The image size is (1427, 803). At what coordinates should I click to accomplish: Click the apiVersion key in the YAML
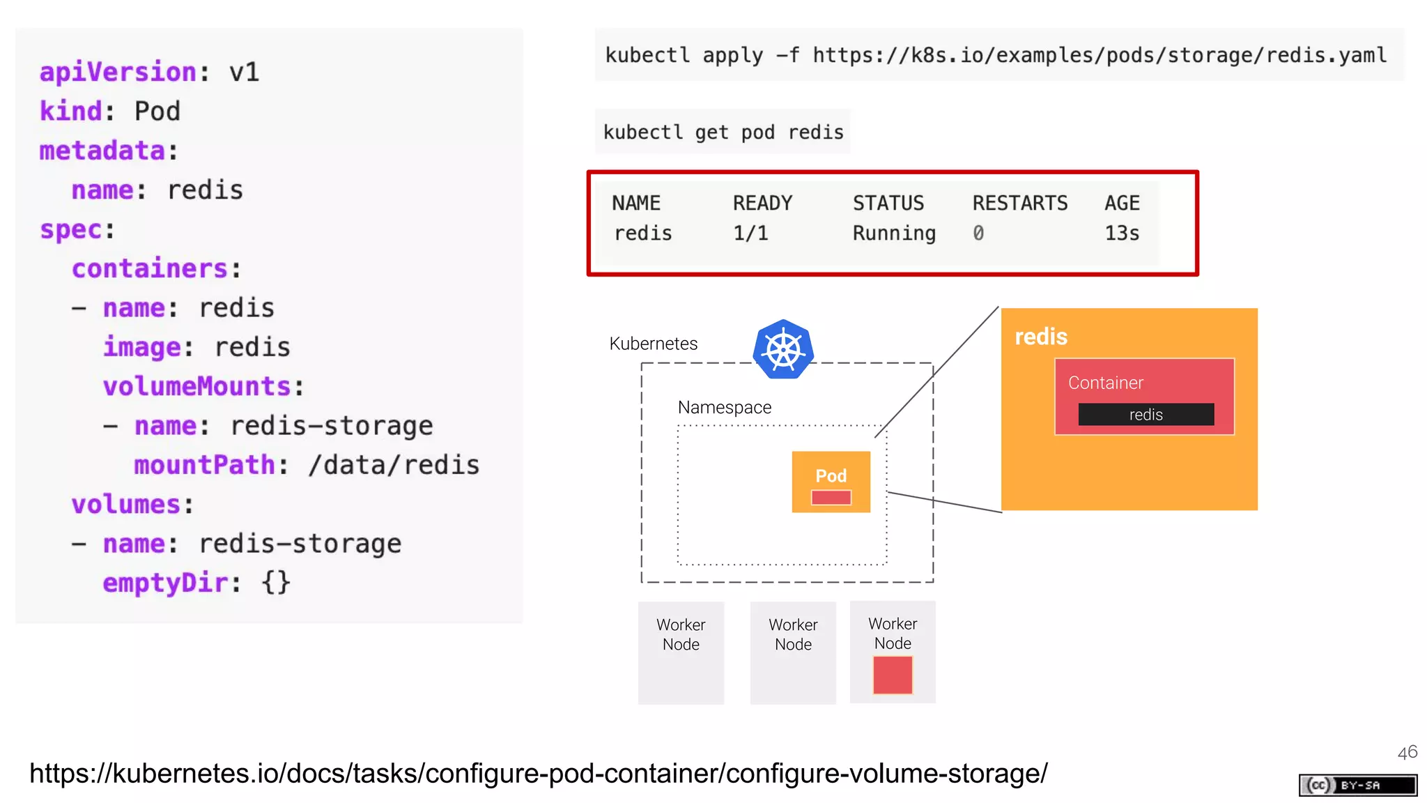(118, 72)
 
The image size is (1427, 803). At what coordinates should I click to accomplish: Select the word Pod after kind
(157, 112)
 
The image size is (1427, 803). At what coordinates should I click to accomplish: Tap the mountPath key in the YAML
(204, 465)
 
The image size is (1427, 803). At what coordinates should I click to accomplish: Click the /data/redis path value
(394, 465)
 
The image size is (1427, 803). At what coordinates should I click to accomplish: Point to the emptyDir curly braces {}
(276, 583)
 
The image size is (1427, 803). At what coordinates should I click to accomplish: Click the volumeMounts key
(196, 386)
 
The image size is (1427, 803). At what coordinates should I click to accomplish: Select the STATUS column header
(888, 203)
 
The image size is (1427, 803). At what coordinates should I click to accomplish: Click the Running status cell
(894, 233)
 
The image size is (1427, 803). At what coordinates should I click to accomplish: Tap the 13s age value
(1122, 233)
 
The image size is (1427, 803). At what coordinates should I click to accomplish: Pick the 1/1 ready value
(750, 233)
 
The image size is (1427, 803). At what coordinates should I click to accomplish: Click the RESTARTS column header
(1020, 203)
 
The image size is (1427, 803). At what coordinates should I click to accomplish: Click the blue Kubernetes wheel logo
(783, 349)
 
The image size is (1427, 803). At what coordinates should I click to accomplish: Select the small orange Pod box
(831, 482)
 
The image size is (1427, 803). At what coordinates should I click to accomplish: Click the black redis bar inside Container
(1146, 415)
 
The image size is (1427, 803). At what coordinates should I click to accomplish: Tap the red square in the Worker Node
(893, 675)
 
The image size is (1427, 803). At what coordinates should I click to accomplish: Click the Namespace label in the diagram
(725, 407)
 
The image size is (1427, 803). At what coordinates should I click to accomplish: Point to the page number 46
(1407, 752)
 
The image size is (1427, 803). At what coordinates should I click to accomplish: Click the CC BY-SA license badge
(1357, 785)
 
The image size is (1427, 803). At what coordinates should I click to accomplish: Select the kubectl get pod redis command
(723, 132)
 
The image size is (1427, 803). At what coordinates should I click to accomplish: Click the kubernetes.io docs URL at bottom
(538, 774)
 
